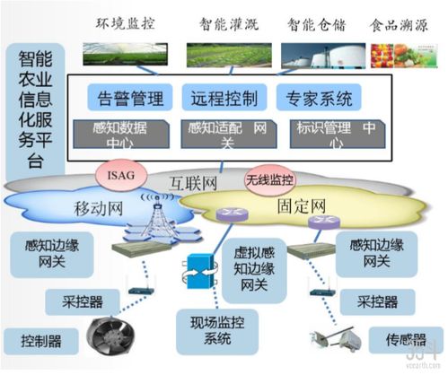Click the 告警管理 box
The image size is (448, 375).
point(127,95)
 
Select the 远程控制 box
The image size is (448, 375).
point(224,95)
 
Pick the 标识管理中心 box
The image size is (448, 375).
point(331,135)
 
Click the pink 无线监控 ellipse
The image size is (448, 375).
point(268,179)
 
